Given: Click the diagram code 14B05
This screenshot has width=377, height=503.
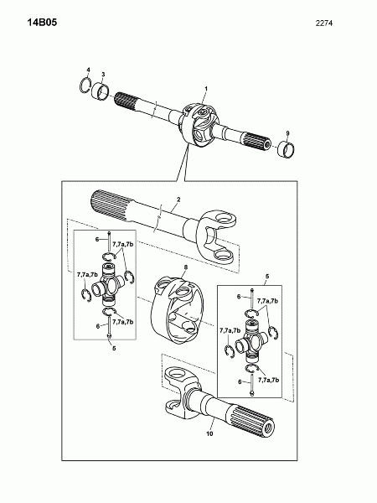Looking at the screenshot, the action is [42, 23].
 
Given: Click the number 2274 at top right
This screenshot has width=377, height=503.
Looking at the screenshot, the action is [324, 23].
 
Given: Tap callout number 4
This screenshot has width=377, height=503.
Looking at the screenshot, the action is [89, 70].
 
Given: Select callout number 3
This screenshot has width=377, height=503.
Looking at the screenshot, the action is [103, 75].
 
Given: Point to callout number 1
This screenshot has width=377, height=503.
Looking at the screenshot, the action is [206, 88].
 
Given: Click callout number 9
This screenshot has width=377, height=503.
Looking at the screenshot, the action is [287, 132].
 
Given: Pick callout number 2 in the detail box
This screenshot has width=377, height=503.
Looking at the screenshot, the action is [178, 200].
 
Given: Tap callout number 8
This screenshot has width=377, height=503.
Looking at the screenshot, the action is [186, 267].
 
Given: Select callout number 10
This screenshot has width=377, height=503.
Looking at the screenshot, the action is [209, 433].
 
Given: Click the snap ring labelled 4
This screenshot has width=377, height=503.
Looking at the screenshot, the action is [85, 86].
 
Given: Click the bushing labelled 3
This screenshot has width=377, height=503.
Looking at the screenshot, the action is [100, 91].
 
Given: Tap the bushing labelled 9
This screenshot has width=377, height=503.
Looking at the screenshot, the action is [287, 149].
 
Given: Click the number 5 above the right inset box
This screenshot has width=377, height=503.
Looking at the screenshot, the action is [267, 276].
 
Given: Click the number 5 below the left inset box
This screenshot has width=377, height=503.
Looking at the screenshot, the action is [114, 348].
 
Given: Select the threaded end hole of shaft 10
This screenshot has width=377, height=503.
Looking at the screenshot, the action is [268, 427].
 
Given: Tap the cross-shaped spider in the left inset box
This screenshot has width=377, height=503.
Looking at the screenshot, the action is [108, 284].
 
